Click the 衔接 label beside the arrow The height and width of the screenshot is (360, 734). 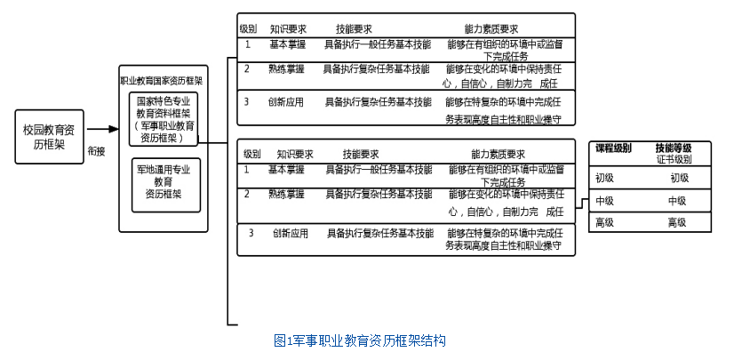(97, 151)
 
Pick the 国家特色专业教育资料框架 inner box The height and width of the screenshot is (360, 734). (165, 119)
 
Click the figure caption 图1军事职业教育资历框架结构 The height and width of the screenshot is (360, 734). (359, 340)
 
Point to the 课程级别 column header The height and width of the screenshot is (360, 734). (613, 148)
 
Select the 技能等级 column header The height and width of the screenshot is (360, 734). (673, 148)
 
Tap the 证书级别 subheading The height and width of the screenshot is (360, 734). (674, 159)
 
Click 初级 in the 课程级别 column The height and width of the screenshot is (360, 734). (605, 178)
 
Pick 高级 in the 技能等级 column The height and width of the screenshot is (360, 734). (677, 222)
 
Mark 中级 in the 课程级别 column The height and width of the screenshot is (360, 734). (605, 201)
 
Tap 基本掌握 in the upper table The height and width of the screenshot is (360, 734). (286, 44)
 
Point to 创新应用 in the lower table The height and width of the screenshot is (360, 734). (291, 233)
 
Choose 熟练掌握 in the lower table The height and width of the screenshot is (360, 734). (286, 193)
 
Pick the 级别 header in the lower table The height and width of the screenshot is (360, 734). (251, 154)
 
